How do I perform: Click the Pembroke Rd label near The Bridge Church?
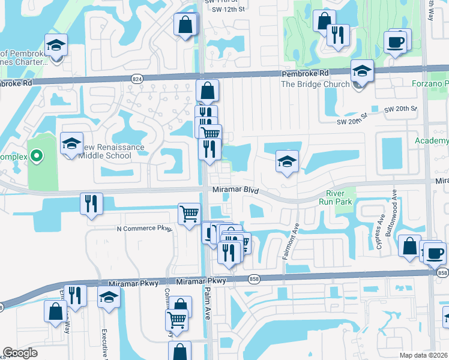307,73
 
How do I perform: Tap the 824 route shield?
137,78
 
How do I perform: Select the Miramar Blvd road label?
235,190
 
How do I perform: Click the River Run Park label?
340,198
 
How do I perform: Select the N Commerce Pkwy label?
144,229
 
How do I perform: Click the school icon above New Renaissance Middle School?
71,144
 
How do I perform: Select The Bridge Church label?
315,84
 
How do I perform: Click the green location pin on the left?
36,157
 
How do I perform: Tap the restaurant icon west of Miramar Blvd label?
91,203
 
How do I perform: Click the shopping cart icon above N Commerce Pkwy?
189,213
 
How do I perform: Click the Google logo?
20,353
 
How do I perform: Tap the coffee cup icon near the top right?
396,42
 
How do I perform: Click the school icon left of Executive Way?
109,297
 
